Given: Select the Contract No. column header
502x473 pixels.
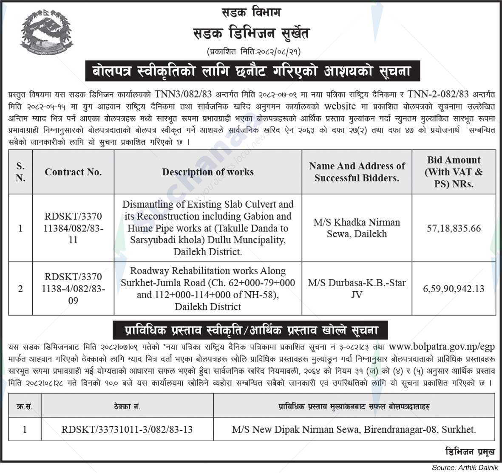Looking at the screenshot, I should click(73, 172).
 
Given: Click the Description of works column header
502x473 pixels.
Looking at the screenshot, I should click(208, 172).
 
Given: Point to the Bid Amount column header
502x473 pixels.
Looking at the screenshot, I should click(454, 172).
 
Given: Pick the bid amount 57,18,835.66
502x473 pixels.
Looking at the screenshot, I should click(454, 228).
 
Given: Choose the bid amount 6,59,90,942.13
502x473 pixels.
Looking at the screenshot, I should click(454, 289).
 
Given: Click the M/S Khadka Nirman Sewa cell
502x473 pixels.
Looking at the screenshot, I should click(357, 228).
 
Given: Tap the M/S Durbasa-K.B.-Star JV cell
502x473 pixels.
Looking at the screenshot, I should click(357, 288).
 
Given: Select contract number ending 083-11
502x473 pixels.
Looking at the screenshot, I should click(73, 228).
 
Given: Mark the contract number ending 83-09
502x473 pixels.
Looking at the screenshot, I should click(73, 289).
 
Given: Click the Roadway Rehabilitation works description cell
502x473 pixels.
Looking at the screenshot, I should click(208, 289).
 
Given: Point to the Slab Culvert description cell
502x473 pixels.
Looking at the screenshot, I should click(208, 228).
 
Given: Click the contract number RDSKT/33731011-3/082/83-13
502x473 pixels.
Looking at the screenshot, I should click(127, 429).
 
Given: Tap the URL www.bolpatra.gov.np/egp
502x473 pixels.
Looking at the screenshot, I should click(442, 347).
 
